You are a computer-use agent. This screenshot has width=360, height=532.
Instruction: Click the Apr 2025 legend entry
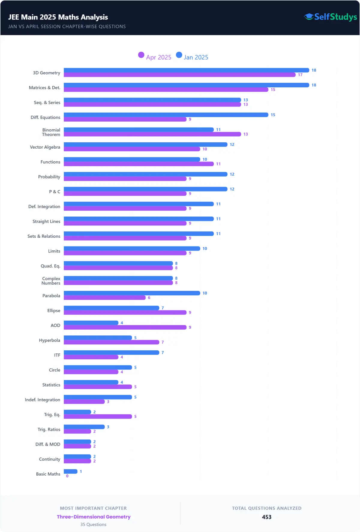155,57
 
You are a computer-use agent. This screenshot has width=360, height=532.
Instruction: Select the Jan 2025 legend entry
192,57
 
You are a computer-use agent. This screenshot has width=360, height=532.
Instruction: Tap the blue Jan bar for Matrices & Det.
186,85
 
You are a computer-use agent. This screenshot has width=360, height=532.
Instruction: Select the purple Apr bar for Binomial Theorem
152,134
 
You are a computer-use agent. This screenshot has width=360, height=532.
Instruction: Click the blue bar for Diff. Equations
166,115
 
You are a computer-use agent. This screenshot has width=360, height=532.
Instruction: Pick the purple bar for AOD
125,327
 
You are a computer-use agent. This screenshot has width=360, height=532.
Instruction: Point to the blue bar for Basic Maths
70,471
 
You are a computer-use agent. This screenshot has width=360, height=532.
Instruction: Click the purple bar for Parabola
104,298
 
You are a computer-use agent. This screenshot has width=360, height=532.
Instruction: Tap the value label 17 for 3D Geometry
300,75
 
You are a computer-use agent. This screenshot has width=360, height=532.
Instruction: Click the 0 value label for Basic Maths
67,476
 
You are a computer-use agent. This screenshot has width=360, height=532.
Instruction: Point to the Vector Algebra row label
45,147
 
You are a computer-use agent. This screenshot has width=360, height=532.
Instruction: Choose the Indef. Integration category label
42,400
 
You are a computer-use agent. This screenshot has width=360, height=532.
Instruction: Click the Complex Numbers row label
51,281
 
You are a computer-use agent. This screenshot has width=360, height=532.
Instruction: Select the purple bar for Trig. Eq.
97,416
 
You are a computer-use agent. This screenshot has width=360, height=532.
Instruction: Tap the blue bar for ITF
111,352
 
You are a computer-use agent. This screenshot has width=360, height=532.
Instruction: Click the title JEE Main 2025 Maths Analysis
58,17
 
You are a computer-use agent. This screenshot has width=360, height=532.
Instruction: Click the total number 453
266,517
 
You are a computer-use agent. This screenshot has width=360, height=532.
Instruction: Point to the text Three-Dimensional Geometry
94,517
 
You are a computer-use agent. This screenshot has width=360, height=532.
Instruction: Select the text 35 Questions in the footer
93,524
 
